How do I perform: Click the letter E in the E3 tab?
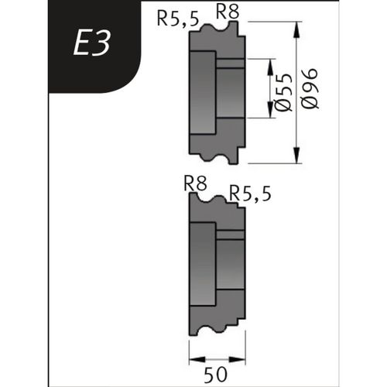81,44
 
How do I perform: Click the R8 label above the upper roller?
227,12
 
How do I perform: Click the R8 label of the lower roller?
196,183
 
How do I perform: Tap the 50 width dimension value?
217,374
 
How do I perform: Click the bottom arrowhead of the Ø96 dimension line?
298,159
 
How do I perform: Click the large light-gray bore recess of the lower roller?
203,263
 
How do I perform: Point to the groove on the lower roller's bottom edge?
207,328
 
